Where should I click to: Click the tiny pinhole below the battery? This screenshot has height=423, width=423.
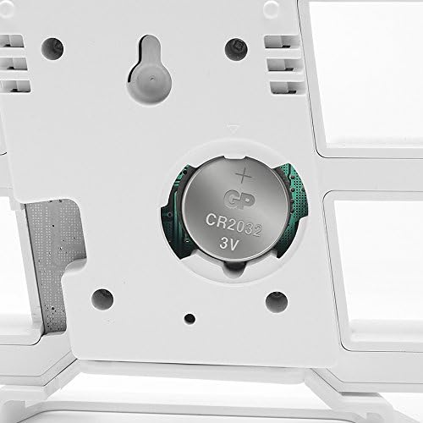[x=190, y=318]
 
